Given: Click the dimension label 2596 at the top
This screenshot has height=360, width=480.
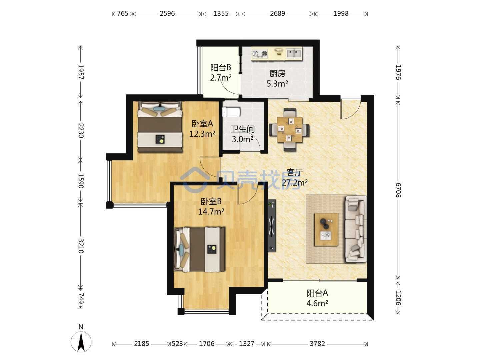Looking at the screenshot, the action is [x=167, y=14].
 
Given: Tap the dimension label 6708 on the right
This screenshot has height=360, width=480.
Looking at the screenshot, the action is [x=398, y=190].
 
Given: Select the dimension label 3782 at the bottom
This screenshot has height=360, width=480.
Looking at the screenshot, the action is [x=317, y=344].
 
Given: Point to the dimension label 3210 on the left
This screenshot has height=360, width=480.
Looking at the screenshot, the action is [x=81, y=246].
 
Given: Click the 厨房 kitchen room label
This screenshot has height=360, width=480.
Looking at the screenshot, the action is [x=277, y=74].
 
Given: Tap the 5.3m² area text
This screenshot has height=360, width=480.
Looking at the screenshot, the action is [x=277, y=83].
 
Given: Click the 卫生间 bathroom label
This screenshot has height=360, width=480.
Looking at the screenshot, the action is [x=243, y=129].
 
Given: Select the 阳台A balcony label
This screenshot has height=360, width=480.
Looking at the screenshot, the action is [x=317, y=293].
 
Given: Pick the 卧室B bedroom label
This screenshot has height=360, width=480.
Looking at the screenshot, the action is [x=211, y=201].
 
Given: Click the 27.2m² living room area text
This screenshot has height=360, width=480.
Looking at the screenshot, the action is [x=295, y=182].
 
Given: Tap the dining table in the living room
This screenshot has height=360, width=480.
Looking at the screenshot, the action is [x=289, y=130].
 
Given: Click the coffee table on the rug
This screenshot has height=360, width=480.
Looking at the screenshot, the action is [x=326, y=230].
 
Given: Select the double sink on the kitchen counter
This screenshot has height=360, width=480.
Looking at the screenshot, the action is [x=294, y=53].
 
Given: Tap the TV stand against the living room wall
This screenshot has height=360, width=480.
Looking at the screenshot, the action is [x=272, y=226].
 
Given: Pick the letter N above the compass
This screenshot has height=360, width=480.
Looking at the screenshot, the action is [x=81, y=327].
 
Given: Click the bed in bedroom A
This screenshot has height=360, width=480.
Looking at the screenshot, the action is [x=160, y=127].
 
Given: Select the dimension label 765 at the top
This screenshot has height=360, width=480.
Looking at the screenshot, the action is [x=122, y=14].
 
